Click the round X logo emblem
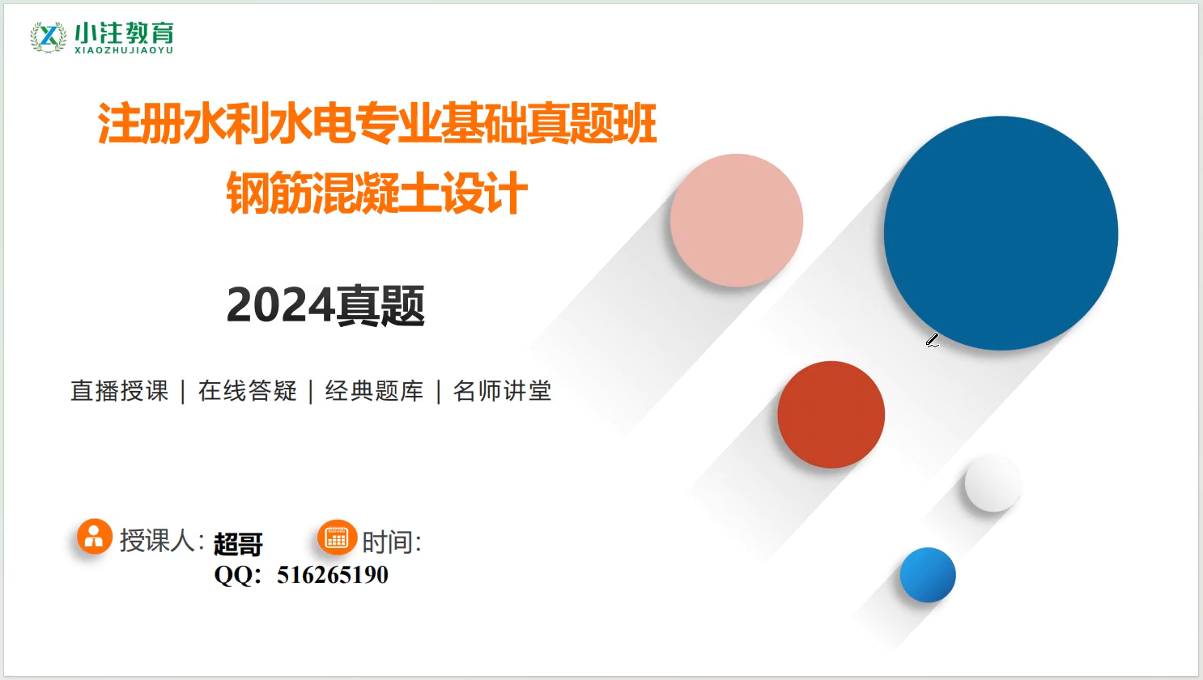[x=49, y=37]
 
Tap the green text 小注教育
[x=124, y=32]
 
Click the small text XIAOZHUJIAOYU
[x=124, y=50]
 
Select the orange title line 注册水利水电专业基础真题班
[x=377, y=124]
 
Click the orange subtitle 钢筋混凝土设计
[x=377, y=193]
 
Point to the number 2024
[x=280, y=304]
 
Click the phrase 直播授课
[x=120, y=390]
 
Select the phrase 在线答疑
[x=248, y=390]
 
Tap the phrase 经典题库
[x=374, y=390]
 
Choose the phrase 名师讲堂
[x=502, y=390]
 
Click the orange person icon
[x=95, y=536]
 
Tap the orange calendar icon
[x=338, y=538]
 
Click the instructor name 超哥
[x=238, y=544]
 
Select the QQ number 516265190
[x=333, y=575]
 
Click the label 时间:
[x=392, y=542]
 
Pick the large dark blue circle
[x=1001, y=233]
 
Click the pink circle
[x=737, y=220]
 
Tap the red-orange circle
[x=831, y=414]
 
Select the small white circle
[x=993, y=482]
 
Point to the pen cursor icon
[x=933, y=340]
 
